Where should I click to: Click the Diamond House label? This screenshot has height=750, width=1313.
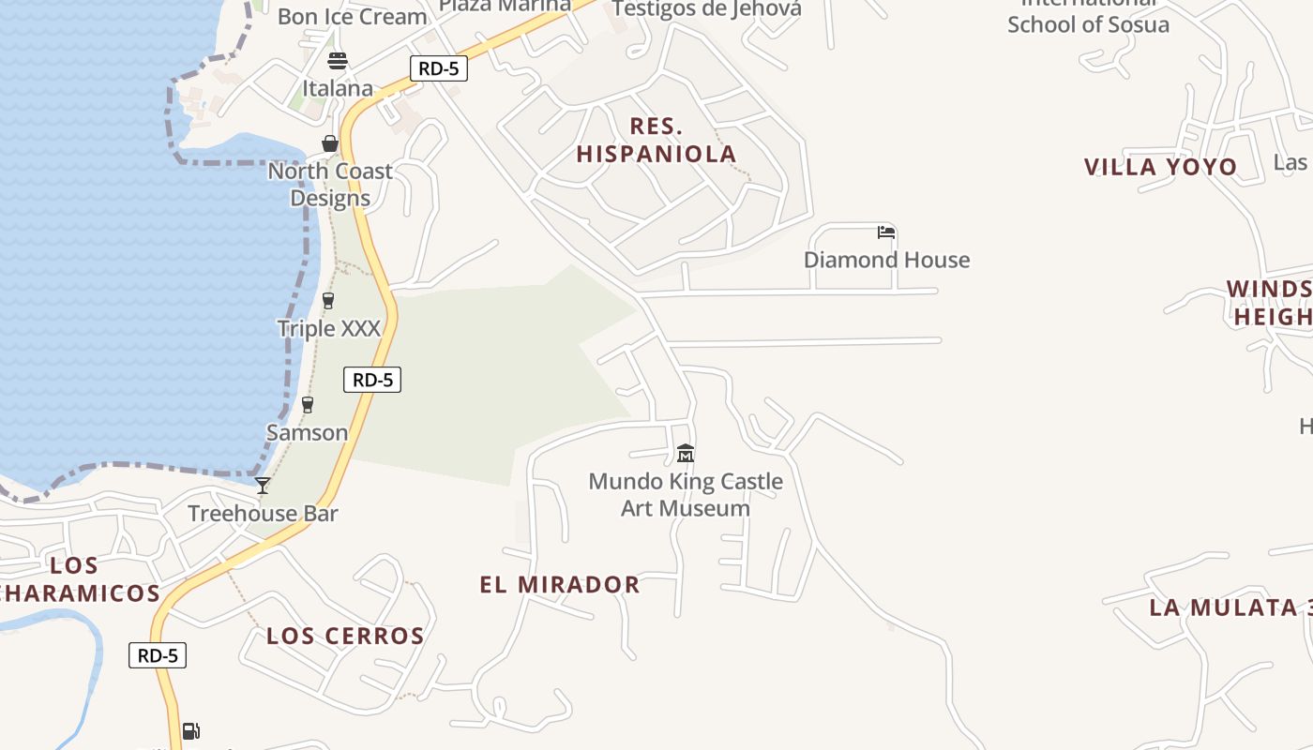pos(886,260)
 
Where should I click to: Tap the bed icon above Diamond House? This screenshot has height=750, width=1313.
pos(886,232)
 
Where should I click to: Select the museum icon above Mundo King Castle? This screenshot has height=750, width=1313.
pos(686,454)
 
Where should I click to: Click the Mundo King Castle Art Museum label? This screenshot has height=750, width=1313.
pos(686,495)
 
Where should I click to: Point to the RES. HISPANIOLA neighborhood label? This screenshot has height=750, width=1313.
pos(656,141)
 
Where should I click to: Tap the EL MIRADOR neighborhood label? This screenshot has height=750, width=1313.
pos(560,585)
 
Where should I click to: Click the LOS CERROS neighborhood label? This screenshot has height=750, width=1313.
pos(345,636)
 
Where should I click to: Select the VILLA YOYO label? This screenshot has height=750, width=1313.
pos(1160,167)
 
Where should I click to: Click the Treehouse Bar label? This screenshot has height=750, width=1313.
pos(263,514)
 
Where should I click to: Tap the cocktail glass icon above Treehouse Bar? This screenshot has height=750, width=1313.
pos(263,486)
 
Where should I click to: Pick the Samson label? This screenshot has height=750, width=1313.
pos(307,432)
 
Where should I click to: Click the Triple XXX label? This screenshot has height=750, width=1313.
pos(328,328)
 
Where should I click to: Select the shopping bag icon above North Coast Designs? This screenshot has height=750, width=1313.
pos(330,143)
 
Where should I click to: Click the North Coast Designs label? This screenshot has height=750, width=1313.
pos(330,185)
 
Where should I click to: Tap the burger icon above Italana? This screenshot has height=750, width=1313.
pos(338,61)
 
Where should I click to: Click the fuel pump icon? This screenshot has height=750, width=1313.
pos(190,730)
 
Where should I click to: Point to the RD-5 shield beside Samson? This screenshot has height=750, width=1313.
pos(372,380)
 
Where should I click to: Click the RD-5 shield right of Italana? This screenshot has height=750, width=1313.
pos(438,67)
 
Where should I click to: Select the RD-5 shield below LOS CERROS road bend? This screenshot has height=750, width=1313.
pos(158,655)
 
